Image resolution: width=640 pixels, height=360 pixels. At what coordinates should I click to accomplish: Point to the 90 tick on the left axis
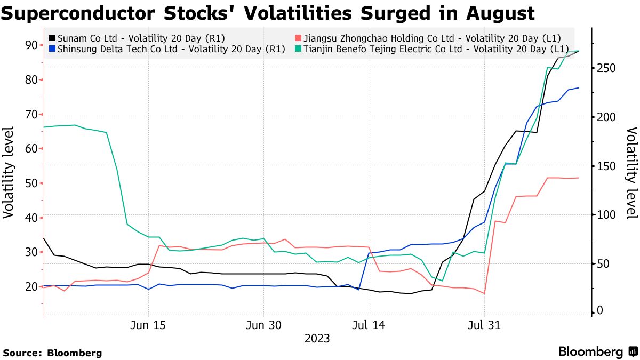pyautogui.click(x=30, y=45)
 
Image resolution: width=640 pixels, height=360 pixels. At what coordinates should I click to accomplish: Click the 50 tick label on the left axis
pyautogui.click(x=30, y=183)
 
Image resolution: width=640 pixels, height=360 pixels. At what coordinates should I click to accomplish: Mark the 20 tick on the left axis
pyautogui.click(x=30, y=286)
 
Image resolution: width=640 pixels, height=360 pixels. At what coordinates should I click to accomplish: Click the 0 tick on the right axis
pyautogui.click(x=601, y=311)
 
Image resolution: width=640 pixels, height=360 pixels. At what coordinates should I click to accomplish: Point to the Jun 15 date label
pyautogui.click(x=148, y=325)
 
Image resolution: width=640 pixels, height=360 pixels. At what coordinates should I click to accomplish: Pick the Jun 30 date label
pyautogui.click(x=263, y=325)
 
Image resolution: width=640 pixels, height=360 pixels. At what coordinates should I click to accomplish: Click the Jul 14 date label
pyautogui.click(x=368, y=325)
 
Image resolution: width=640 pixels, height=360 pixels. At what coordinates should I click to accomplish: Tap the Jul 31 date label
pyautogui.click(x=484, y=325)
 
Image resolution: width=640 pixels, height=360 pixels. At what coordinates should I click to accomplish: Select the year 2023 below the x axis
pyautogui.click(x=317, y=338)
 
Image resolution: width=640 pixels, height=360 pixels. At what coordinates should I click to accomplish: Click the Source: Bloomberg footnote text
pyautogui.click(x=52, y=353)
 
